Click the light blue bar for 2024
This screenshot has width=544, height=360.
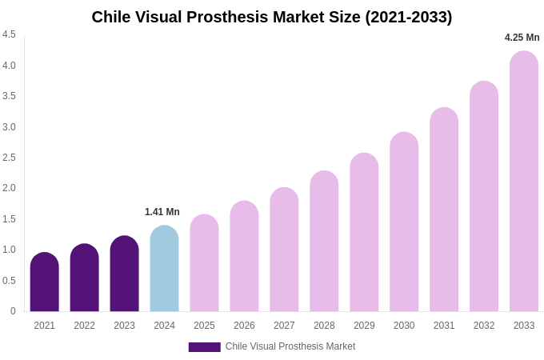[x=164, y=269]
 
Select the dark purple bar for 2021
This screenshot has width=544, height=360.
[x=44, y=282]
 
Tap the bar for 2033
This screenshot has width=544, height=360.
[x=524, y=182]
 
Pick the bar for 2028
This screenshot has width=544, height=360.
[x=324, y=242]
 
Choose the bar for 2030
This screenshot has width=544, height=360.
[x=404, y=222]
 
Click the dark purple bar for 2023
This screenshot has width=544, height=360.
[x=124, y=274]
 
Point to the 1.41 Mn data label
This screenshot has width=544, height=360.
[x=162, y=212]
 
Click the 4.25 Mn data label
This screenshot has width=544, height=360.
[x=522, y=38]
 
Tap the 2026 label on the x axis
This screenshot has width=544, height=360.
[x=244, y=326]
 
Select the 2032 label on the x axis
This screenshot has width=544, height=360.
[x=484, y=326]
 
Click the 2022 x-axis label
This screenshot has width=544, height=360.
[x=84, y=326]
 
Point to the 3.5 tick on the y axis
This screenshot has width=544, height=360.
[x=9, y=96]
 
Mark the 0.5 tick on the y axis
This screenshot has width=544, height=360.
[x=9, y=281]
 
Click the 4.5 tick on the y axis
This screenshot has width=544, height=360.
[x=9, y=34]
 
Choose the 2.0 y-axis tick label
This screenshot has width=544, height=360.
[x=9, y=188]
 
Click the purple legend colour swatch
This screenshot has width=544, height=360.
[x=204, y=347]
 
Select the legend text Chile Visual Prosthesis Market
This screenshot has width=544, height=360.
[x=290, y=346]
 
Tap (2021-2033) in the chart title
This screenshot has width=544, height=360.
[x=408, y=17]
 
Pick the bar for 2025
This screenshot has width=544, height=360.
[x=204, y=263]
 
